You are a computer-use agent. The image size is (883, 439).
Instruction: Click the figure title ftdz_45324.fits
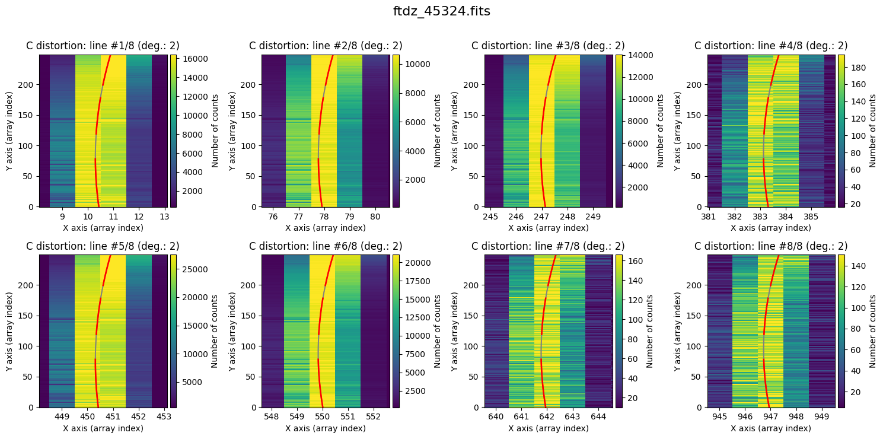[441, 11]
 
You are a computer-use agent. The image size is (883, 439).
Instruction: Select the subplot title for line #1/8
[103, 46]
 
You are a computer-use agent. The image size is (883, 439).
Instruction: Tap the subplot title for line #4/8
[771, 46]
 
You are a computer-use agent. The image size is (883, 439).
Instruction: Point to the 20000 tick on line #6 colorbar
[413, 262]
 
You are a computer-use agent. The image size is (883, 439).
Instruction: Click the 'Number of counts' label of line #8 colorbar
[872, 331]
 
